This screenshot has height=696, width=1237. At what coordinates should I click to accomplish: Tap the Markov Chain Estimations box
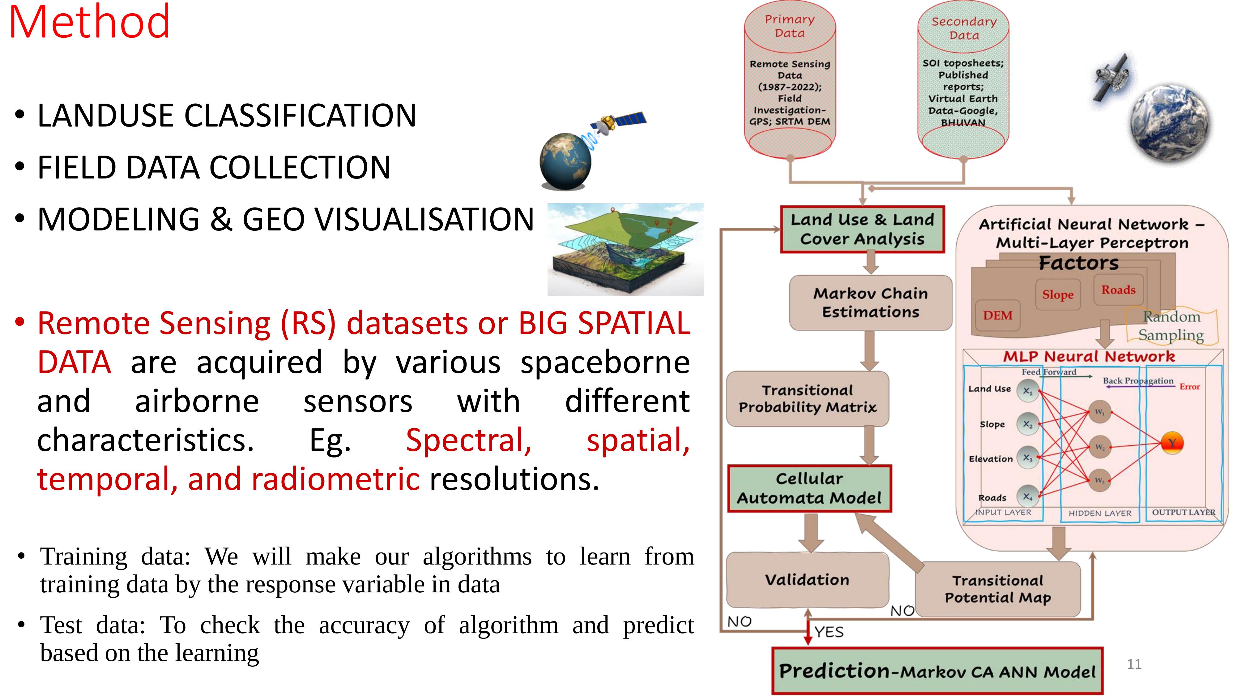pyautogui.click(x=870, y=303)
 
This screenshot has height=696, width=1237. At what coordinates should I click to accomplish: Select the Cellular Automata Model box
pyautogui.click(x=809, y=488)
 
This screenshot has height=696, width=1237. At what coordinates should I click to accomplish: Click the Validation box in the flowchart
pyautogui.click(x=807, y=580)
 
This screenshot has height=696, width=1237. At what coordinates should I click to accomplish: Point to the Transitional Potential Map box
pyautogui.click(x=997, y=589)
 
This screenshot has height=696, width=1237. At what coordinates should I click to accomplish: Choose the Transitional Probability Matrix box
pyautogui.click(x=807, y=399)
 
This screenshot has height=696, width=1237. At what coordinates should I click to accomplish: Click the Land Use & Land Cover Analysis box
pyautogui.click(x=862, y=230)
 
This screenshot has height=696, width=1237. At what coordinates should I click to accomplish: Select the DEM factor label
pyautogui.click(x=997, y=316)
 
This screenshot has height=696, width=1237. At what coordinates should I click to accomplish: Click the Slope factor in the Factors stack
pyautogui.click(x=1057, y=294)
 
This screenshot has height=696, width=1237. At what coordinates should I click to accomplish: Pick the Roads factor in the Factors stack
pyautogui.click(x=1118, y=290)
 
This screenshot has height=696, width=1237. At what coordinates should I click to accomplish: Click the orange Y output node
pyautogui.click(x=1172, y=443)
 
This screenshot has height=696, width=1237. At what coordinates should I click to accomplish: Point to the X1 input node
pyautogui.click(x=1027, y=391)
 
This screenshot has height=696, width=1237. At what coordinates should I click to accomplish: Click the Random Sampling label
pyautogui.click(x=1171, y=326)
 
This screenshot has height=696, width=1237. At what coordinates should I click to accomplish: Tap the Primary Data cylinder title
pyautogui.click(x=789, y=26)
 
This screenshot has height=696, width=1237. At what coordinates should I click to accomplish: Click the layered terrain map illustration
pyautogui.click(x=625, y=249)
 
